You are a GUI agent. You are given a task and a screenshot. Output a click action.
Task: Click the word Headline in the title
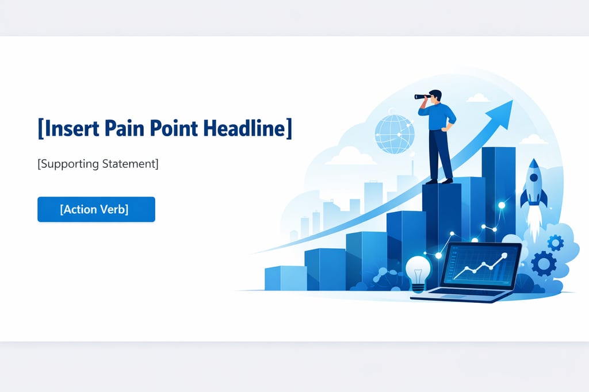click(x=247, y=128)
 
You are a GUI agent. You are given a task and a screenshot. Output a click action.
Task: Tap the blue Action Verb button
click(x=96, y=209)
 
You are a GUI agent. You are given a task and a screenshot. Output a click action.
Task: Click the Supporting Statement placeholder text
click(x=98, y=164)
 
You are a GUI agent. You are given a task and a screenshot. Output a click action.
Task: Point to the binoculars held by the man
click(x=423, y=97)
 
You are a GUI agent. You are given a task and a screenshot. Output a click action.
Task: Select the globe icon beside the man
click(x=395, y=134)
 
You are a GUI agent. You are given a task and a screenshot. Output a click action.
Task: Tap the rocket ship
click(x=533, y=186)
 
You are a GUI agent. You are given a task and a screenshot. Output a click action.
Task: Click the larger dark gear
click(x=544, y=264)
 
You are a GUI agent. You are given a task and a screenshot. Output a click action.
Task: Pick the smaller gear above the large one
click(x=555, y=243)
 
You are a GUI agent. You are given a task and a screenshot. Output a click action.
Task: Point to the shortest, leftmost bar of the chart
click(x=285, y=278)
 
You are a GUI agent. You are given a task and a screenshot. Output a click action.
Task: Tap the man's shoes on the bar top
click(x=439, y=182)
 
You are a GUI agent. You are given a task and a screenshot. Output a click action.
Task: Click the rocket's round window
click(x=534, y=178)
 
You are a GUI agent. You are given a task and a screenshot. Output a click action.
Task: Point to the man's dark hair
click(x=436, y=94)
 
